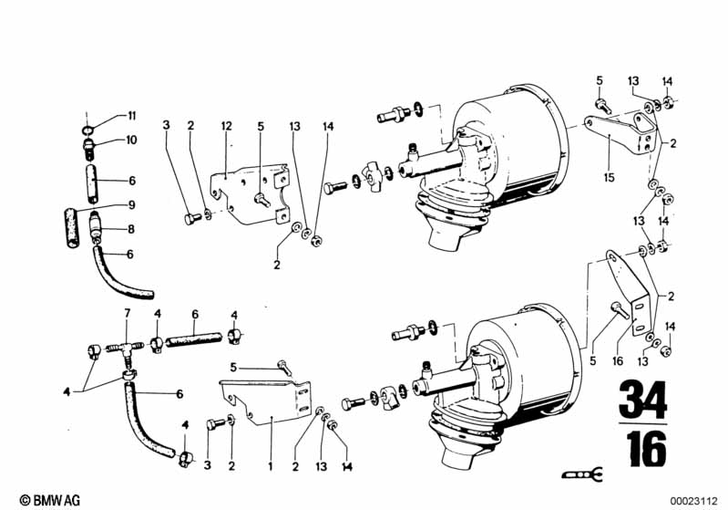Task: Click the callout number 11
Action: click(132, 115)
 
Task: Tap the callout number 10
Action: click(131, 140)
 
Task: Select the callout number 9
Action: click(132, 204)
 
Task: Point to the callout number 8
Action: click(131, 229)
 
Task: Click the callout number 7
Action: click(128, 313)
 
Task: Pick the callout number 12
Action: click(226, 126)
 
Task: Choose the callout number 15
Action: click(610, 177)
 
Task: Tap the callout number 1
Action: click(271, 466)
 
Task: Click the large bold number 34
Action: click(643, 400)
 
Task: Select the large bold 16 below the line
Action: click(647, 449)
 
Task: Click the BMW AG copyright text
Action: click(50, 500)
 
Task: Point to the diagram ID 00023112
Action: click(693, 501)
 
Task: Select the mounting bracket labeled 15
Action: click(621, 128)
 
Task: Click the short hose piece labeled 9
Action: click(71, 228)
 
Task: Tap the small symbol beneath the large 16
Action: click(582, 474)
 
